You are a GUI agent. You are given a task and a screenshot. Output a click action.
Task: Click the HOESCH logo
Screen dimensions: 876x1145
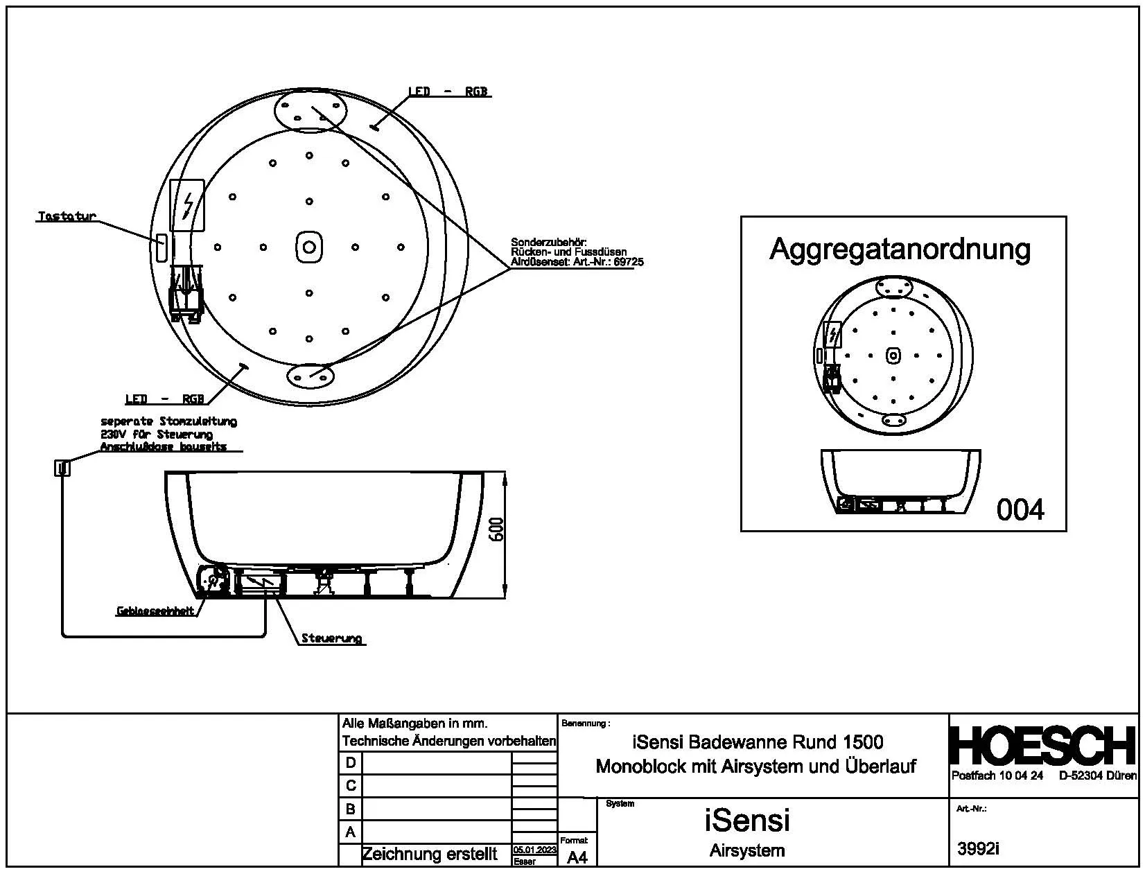(1043, 746)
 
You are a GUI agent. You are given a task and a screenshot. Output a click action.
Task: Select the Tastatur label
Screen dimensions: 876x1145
(67, 217)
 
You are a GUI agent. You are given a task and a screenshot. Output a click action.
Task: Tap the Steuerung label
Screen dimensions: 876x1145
(332, 638)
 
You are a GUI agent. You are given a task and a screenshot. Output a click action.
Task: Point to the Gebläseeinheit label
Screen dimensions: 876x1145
(155, 612)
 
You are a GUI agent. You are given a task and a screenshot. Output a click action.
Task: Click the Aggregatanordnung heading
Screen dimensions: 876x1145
(900, 249)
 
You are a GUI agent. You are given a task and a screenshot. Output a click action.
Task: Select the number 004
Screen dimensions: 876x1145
(1020, 510)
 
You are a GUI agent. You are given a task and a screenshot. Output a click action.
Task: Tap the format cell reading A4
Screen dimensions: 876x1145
(577, 857)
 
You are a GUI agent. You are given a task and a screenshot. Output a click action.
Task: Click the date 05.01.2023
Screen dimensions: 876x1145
(534, 850)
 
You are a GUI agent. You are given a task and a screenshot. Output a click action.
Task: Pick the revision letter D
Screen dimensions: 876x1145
(351, 763)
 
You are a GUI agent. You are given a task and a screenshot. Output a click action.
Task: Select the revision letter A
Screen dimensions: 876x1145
(351, 832)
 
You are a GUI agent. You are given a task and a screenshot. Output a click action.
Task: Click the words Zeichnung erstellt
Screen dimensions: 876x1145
(430, 855)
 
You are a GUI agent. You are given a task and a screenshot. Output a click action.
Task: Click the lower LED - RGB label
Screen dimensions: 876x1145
(165, 399)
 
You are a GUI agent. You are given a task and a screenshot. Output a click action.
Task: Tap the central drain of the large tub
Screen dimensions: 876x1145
(309, 247)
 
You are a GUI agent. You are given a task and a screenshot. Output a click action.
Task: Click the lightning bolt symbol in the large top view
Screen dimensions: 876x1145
(188, 205)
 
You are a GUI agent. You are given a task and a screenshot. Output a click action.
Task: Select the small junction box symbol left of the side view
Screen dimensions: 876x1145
(62, 468)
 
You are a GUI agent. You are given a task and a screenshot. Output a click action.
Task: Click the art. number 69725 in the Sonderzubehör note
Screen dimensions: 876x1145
(629, 263)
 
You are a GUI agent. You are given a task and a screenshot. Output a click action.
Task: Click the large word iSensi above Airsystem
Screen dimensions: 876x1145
(746, 821)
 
